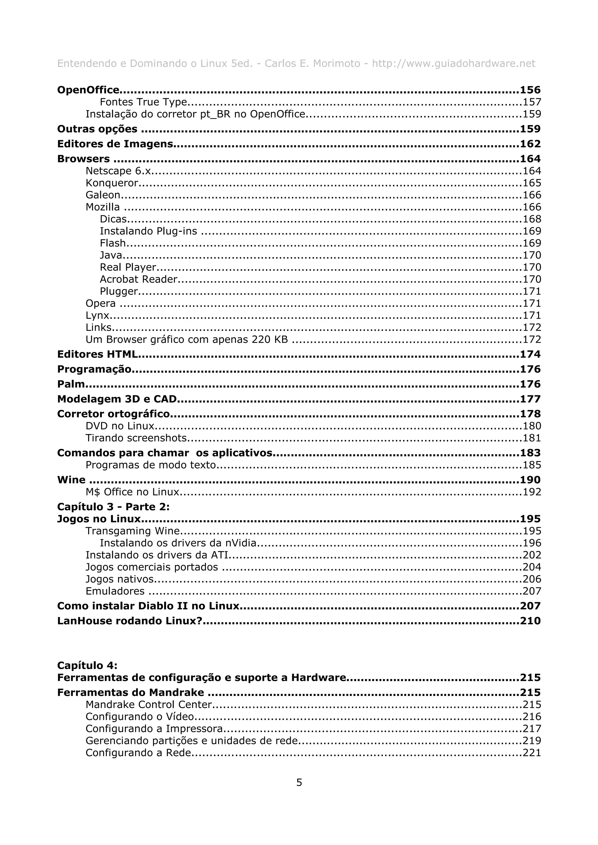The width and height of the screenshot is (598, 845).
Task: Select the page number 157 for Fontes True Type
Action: (x=532, y=102)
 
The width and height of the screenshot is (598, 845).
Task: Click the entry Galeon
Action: (x=103, y=195)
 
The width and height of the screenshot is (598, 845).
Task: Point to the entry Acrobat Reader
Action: (x=138, y=279)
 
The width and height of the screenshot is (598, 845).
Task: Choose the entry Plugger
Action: (x=119, y=292)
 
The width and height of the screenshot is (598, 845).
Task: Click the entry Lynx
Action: (x=98, y=315)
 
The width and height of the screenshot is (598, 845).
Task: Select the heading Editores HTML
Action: (x=98, y=354)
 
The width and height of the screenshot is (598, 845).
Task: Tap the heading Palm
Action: (x=71, y=384)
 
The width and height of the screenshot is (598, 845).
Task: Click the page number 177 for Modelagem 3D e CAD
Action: (x=530, y=399)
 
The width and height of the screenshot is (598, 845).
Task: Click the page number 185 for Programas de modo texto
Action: (x=532, y=465)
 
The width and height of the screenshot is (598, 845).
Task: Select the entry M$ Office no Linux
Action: (x=132, y=492)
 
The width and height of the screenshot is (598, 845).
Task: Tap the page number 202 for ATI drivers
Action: (x=532, y=555)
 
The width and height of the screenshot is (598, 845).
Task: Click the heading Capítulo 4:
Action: (x=87, y=665)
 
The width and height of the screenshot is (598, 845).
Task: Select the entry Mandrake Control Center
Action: (x=149, y=704)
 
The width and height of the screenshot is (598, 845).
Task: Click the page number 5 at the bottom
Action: (x=299, y=782)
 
